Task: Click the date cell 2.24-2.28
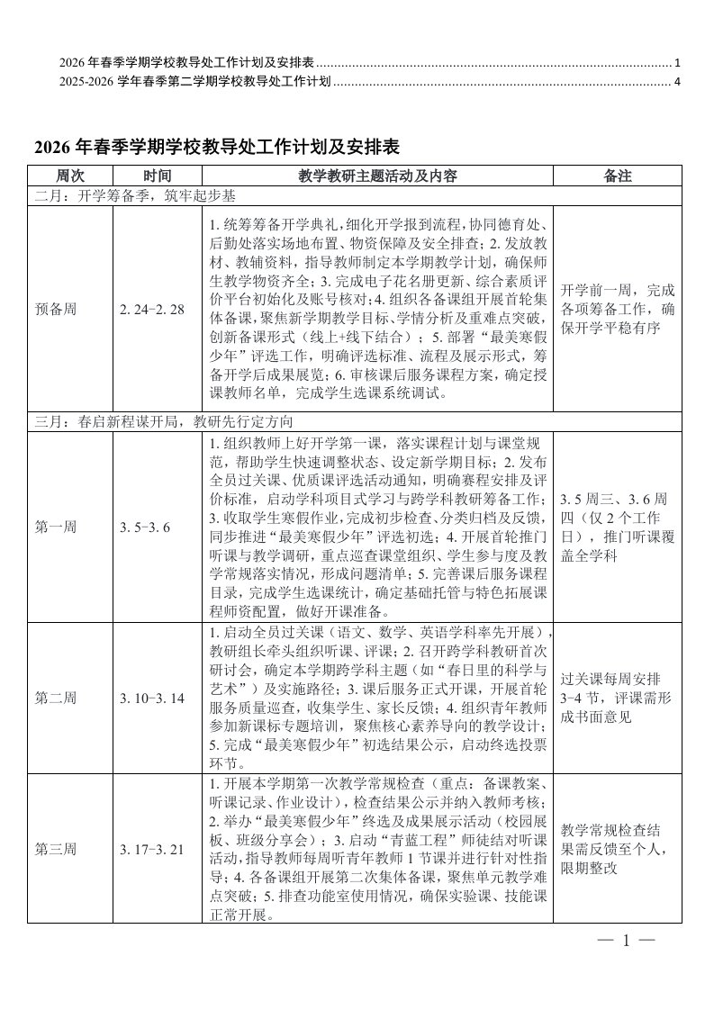[151, 309]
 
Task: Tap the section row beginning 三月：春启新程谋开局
[162, 421]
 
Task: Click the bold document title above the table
[216, 147]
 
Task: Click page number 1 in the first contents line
[677, 63]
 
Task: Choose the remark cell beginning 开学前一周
[617, 309]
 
